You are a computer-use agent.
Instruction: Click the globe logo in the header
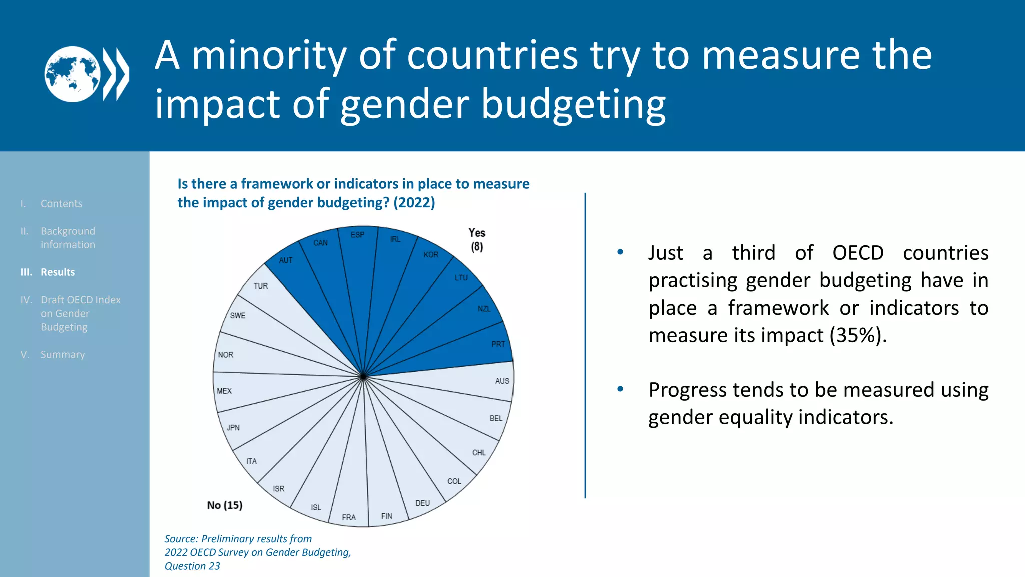pos(73,74)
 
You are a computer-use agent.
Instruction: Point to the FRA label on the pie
pos(349,517)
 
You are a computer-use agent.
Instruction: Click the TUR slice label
pos(260,286)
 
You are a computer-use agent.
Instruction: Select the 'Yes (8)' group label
pos(477,239)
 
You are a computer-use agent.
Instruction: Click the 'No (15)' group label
pos(225,505)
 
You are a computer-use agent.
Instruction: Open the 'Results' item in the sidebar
pos(57,272)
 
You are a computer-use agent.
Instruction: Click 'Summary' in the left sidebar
pos(62,354)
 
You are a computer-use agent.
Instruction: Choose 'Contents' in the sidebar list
pos(61,204)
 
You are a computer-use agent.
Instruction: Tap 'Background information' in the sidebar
pos(68,238)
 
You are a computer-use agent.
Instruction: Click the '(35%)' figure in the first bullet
pos(858,335)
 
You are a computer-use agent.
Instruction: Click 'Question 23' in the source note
pos(192,566)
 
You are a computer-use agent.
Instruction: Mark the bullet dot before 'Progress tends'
pos(620,389)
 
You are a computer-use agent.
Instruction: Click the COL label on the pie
pos(454,481)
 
